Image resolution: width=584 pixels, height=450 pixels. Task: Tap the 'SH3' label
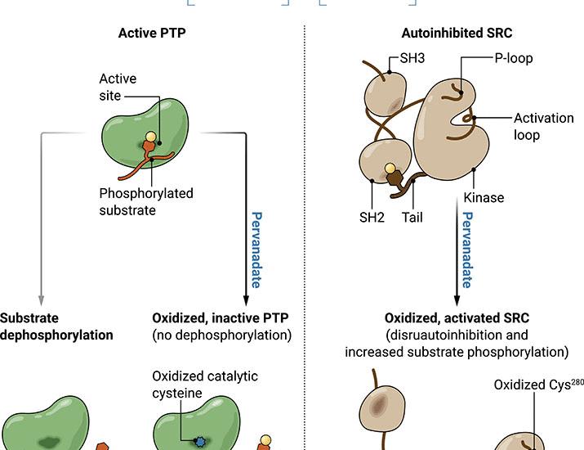[x=412, y=58]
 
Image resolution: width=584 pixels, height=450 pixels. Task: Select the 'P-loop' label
[x=514, y=58]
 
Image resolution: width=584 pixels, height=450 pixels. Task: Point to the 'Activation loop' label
[x=543, y=126]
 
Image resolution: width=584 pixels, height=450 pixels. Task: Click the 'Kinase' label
[x=484, y=197]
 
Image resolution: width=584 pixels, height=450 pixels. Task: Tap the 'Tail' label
[x=413, y=218]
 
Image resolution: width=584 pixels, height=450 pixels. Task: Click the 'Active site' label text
[x=118, y=88]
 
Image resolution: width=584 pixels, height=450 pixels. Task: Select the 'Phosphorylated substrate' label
[x=145, y=201]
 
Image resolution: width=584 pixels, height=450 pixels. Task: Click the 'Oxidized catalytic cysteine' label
[x=204, y=384]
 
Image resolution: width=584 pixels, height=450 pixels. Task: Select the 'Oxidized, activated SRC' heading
[x=457, y=317]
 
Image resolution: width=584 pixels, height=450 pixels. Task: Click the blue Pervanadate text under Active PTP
[x=255, y=250]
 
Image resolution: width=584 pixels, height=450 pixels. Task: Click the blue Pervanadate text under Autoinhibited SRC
[x=466, y=250]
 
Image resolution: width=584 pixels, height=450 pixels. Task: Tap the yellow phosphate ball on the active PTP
[x=151, y=137]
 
